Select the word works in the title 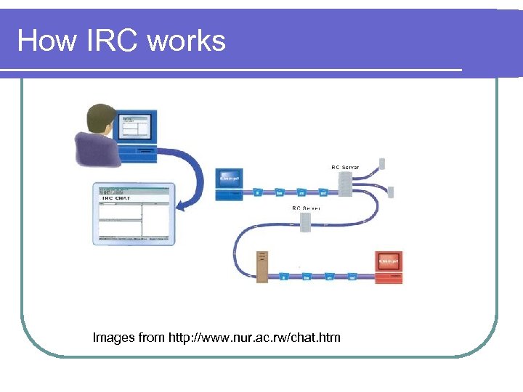click(187, 41)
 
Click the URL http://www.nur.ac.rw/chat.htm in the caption click(254, 338)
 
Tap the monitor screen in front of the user click(135, 128)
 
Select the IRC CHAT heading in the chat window click(117, 197)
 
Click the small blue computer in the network click(230, 182)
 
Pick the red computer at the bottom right click(389, 264)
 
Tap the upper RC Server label click(345, 168)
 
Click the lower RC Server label click(306, 208)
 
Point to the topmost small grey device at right click(383, 164)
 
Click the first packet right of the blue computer click(257, 193)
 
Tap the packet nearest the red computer click(352, 277)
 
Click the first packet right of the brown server click(284, 277)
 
